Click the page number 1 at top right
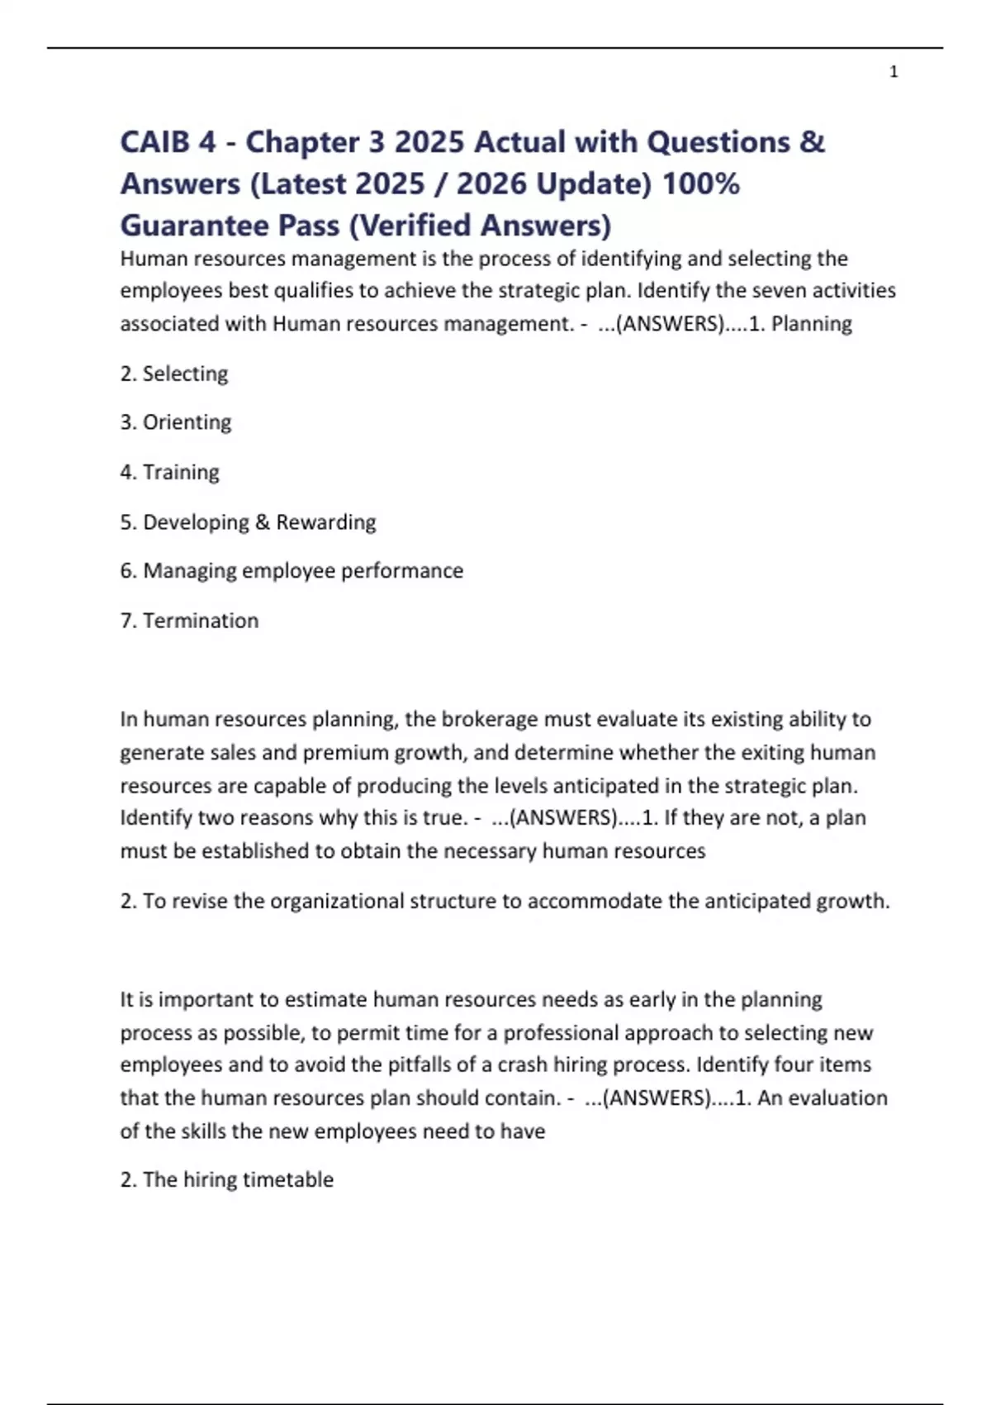[894, 72]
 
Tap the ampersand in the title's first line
[812, 142]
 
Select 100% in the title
[701, 183]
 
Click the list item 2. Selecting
[174, 374]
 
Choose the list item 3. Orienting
[176, 422]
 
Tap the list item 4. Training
[170, 472]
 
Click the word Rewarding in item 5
[326, 522]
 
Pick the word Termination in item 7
[201, 621]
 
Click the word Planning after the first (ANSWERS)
[811, 324]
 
